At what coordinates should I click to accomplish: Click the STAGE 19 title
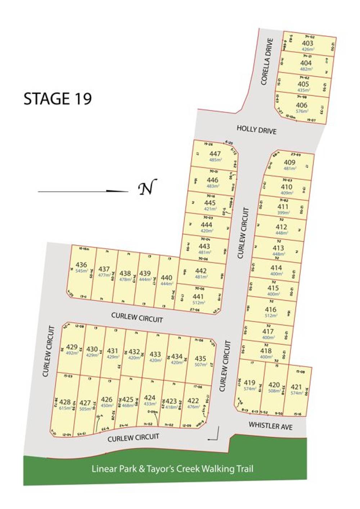(58, 98)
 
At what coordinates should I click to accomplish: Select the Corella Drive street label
(268, 62)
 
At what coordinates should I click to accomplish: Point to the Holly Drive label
(257, 129)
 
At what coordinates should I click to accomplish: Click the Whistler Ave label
(270, 426)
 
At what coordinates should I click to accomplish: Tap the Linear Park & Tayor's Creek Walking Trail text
(172, 469)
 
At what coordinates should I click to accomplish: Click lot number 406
(301, 105)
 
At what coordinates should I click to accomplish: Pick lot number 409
(289, 162)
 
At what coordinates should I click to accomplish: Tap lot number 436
(81, 265)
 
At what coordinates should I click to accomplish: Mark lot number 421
(296, 387)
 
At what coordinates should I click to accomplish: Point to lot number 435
(201, 358)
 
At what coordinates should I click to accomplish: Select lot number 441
(198, 296)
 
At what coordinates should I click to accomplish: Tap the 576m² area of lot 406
(301, 111)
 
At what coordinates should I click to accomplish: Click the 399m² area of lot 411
(283, 213)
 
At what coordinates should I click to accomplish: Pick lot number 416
(270, 309)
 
